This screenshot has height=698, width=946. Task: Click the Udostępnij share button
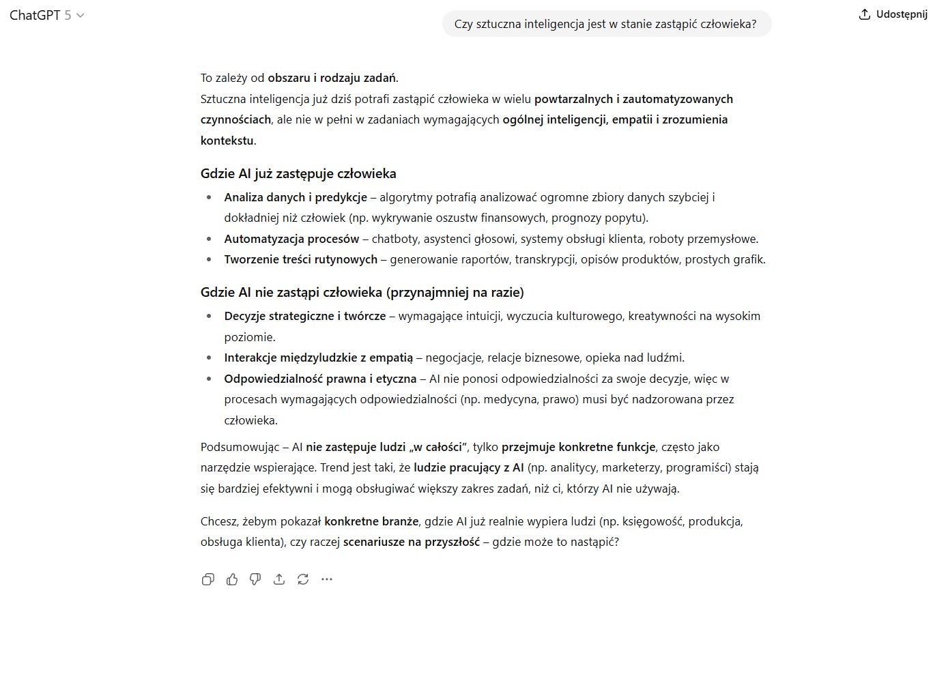pyautogui.click(x=893, y=14)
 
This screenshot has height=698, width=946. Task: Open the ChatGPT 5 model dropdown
pyautogui.click(x=46, y=15)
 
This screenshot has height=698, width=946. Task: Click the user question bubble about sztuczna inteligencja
pyautogui.click(x=605, y=24)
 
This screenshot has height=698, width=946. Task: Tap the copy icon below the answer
pyautogui.click(x=208, y=579)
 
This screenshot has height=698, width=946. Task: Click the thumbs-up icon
pyautogui.click(x=232, y=579)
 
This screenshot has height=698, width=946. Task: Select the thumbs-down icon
pyautogui.click(x=255, y=579)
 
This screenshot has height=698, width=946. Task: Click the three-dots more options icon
pyautogui.click(x=327, y=579)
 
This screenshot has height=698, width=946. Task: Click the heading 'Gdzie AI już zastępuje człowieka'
pyautogui.click(x=298, y=173)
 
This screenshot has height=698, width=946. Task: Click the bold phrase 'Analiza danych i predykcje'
pyautogui.click(x=295, y=197)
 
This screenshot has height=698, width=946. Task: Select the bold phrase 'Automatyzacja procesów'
pyautogui.click(x=291, y=239)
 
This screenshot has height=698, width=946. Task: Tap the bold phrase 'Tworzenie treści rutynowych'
pyautogui.click(x=300, y=259)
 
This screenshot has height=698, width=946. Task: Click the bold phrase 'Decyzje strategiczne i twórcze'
pyautogui.click(x=304, y=316)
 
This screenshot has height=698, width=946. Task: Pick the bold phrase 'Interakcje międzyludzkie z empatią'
pyautogui.click(x=318, y=358)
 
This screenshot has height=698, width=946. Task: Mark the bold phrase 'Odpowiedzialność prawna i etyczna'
pyautogui.click(x=319, y=379)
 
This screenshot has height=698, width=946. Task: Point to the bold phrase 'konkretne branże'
pyautogui.click(x=371, y=521)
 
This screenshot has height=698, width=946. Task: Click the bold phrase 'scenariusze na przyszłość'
pyautogui.click(x=411, y=542)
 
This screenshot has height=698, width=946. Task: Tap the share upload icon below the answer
pyautogui.click(x=279, y=579)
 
